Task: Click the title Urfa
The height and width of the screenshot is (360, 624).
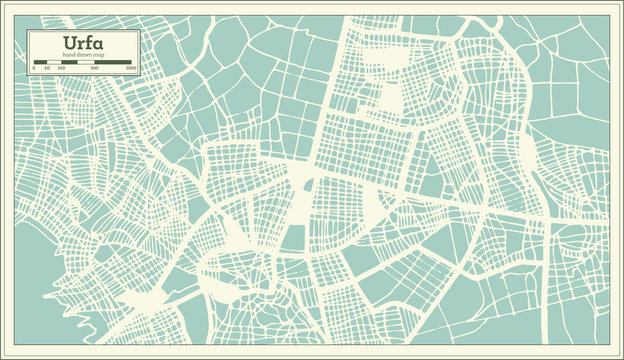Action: coord(83,43)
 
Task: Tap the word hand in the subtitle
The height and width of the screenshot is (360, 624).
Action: coord(67,55)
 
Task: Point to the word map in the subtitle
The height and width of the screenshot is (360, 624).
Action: coord(100,55)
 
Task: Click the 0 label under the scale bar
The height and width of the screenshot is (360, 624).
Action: coord(34,68)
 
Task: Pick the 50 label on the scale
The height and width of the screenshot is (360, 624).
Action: coord(47,68)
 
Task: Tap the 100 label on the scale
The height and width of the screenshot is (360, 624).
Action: coord(61,68)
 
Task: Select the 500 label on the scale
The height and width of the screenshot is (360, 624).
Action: coord(94,68)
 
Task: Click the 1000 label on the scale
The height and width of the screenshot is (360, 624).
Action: coord(131,68)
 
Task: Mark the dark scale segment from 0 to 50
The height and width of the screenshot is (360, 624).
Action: coord(40,62)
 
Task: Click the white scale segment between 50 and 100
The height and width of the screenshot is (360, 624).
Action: coord(54,62)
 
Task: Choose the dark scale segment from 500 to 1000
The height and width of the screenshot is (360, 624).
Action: coord(113,62)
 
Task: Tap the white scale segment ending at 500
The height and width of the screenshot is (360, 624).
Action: coord(86,62)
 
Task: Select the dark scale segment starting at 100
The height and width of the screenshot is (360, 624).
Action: coord(69,62)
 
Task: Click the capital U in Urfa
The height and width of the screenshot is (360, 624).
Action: coord(69,43)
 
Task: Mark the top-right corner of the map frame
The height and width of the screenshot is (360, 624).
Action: coord(610,13)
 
